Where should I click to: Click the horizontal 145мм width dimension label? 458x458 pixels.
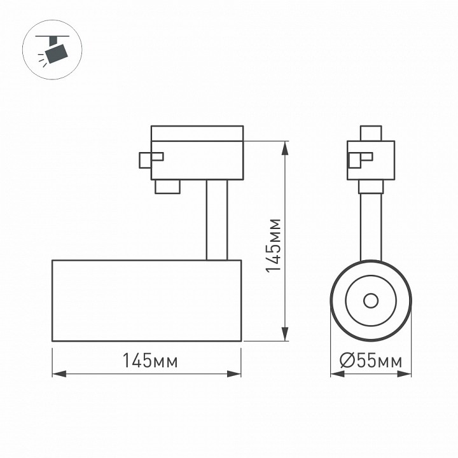click(x=150, y=361)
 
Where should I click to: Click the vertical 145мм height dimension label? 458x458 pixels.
click(x=273, y=246)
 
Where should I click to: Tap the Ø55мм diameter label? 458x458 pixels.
click(x=371, y=361)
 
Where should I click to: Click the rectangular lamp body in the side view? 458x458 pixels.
click(x=146, y=300)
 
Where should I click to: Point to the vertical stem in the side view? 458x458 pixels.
click(x=216, y=219)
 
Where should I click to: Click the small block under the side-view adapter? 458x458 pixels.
click(x=167, y=186)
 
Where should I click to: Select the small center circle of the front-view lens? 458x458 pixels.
click(x=370, y=301)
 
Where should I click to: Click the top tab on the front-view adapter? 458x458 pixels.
click(x=370, y=134)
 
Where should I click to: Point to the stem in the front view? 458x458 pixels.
click(x=370, y=226)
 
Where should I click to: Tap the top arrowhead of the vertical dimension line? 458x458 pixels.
click(x=286, y=145)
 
